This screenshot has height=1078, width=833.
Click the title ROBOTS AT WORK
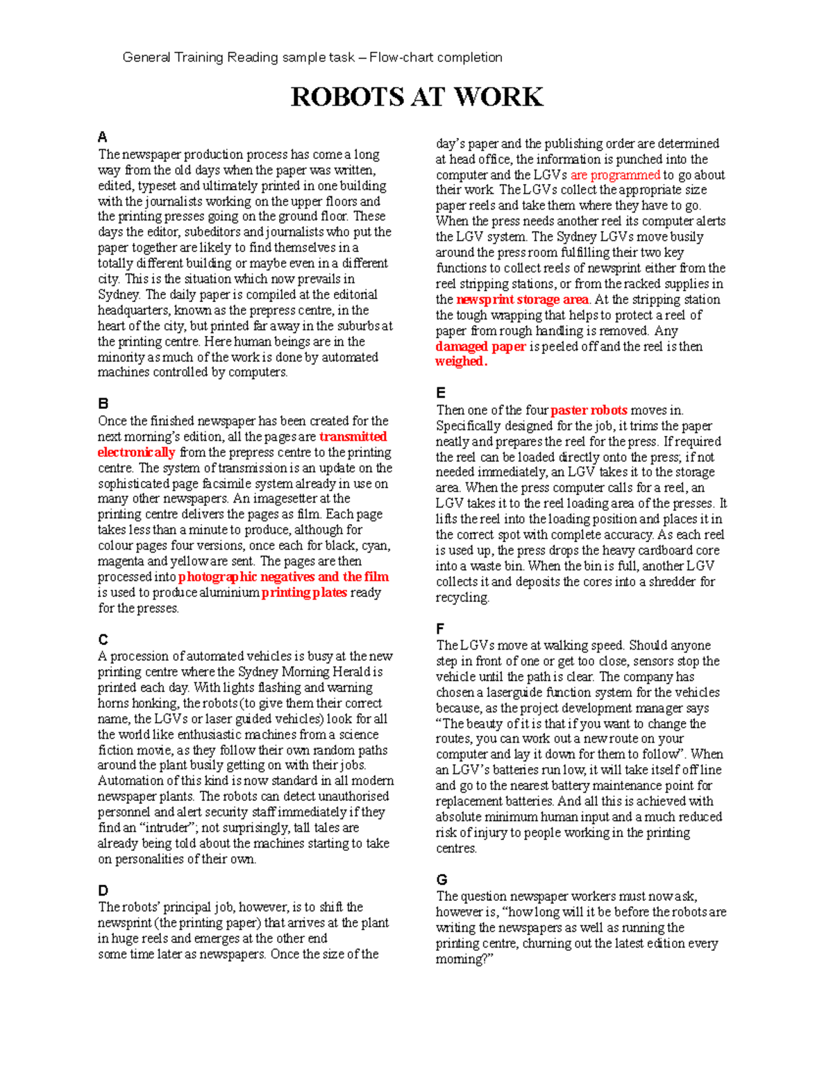[416, 97]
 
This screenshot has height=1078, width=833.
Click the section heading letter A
[102, 137]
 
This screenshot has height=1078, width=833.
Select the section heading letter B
[103, 403]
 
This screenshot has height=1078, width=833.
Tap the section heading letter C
[103, 639]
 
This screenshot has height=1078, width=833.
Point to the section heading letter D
[103, 891]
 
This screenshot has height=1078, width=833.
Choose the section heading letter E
[440, 393]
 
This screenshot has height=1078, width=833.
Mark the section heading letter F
[440, 629]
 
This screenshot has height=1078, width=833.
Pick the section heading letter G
[441, 879]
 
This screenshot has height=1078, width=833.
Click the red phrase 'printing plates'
[304, 593]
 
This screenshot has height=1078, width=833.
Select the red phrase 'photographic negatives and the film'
[283, 577]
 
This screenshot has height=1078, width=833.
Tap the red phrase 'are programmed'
[615, 175]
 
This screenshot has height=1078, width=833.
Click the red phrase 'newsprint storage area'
[522, 300]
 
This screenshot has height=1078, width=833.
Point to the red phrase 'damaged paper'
[480, 346]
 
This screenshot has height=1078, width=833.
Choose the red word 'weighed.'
[461, 362]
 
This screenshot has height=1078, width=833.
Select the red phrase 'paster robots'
[589, 410]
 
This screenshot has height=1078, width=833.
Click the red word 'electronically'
[136, 453]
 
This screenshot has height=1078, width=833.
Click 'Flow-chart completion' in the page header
[436, 58]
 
